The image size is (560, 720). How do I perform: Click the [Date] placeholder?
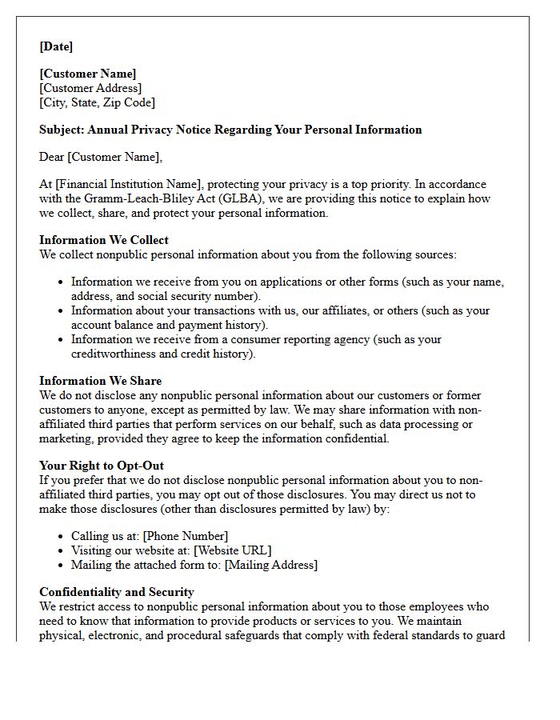coord(56,46)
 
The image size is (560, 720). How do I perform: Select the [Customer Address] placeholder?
coord(90,88)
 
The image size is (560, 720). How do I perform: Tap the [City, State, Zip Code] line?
coord(97,102)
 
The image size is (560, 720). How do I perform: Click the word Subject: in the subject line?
coord(62,130)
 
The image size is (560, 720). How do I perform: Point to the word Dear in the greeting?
coord(53,157)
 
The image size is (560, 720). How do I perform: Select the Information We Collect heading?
coord(104,240)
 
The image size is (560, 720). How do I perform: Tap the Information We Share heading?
coord(100,381)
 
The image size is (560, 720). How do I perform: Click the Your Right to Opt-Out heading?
coord(102,466)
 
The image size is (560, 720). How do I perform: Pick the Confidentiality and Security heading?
coord(117,592)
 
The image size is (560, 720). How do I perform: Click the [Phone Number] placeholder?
coord(185,536)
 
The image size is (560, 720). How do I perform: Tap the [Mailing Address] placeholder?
coord(270,565)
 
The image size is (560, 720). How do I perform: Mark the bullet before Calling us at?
coord(62,537)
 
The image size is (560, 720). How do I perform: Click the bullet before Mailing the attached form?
coord(62,566)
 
